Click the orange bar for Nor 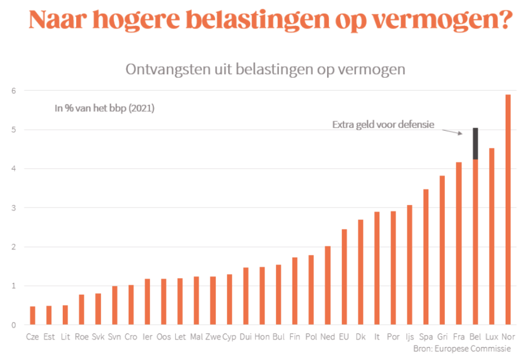pos(508,210)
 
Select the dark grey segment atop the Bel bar pos(475,144)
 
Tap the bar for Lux pos(492,237)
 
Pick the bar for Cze pos(33,315)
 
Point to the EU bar pos(344,277)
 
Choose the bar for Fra pos(459,243)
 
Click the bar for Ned pos(327,285)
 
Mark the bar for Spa pos(426,257)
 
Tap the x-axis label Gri pos(443,337)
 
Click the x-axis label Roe pos(81,337)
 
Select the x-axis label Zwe pos(213,337)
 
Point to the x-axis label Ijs pos(410,337)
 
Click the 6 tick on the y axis pos(14,91)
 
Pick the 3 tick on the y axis pos(14,208)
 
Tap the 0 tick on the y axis pos(14,325)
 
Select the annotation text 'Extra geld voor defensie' pos(383,124)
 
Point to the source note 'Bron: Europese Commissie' pos(462,348)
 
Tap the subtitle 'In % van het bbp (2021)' pos(105,109)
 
